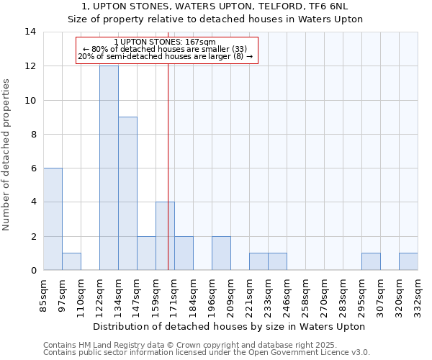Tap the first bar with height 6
click(x=53, y=219)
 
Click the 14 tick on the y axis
click(x=30, y=32)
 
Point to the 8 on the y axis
click(x=33, y=134)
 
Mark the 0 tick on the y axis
click(x=33, y=270)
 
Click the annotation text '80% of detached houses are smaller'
click(x=165, y=49)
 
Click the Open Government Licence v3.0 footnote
click(x=206, y=352)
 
